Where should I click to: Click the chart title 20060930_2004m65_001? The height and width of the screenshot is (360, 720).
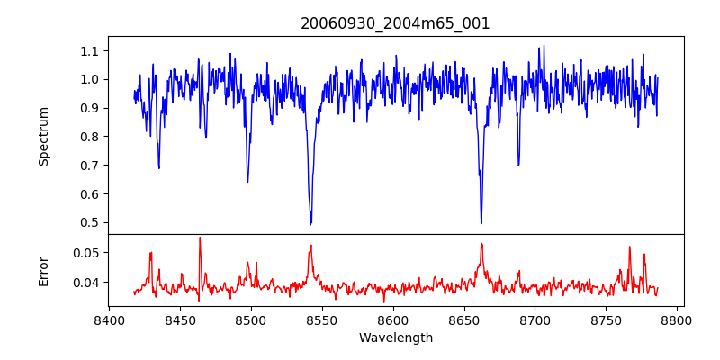[395, 23]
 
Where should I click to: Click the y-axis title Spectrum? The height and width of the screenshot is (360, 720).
[43, 136]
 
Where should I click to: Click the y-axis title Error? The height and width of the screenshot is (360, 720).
[43, 270]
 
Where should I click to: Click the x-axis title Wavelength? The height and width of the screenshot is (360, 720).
[395, 338]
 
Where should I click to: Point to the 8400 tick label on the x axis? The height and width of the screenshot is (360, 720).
[109, 319]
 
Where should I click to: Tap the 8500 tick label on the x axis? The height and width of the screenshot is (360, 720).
[251, 319]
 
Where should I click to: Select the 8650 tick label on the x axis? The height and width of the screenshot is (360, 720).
[463, 319]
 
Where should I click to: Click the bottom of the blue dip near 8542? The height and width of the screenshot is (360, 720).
[310, 224]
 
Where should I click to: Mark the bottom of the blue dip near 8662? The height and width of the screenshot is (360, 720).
[481, 223]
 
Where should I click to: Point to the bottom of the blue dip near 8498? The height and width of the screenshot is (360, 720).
[247, 182]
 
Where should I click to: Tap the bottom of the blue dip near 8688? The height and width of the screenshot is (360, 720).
[518, 165]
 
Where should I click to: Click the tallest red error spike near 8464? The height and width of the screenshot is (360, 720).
[200, 238]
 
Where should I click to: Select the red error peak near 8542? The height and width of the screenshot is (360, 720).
[310, 246]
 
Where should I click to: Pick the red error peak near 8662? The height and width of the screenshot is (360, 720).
[481, 243]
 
